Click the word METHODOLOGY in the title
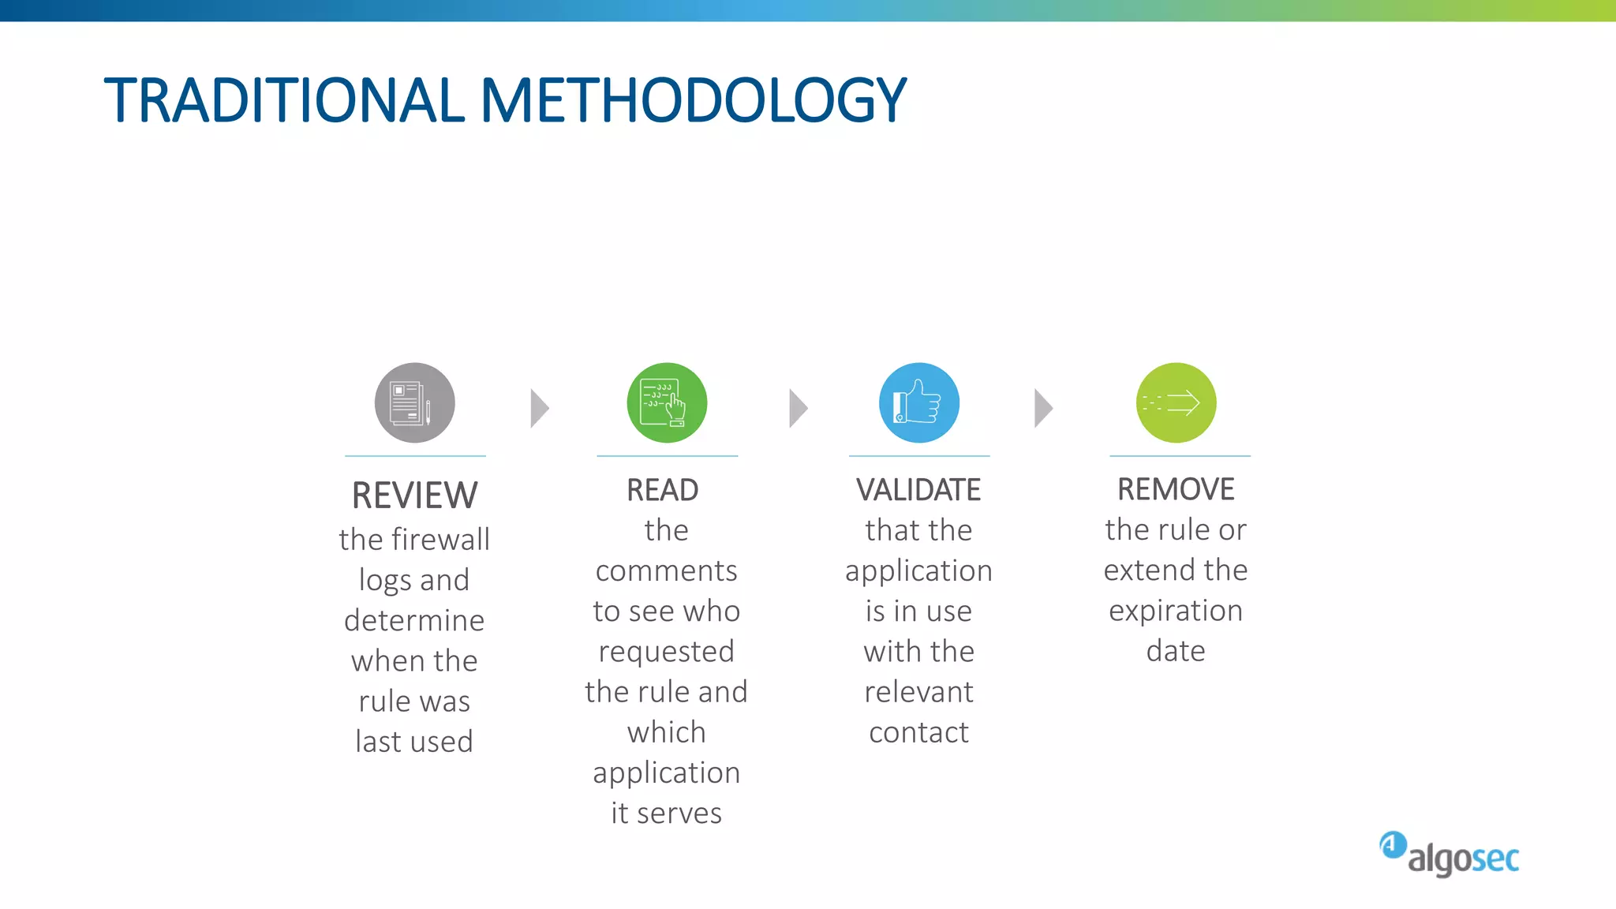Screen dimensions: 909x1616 tap(694, 101)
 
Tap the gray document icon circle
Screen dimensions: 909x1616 tap(415, 403)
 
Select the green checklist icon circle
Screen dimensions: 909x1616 tap(667, 403)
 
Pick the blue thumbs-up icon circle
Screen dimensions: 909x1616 tap(919, 403)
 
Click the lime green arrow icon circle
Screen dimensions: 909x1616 tap(1176, 403)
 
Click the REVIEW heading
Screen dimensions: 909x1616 tap(414, 496)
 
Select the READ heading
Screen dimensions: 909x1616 tap(663, 490)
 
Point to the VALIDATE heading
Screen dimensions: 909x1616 tap(918, 490)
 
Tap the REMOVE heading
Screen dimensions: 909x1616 tap(1176, 489)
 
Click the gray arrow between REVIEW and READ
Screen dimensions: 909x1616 tap(540, 409)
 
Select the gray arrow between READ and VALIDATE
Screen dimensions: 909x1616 tap(799, 409)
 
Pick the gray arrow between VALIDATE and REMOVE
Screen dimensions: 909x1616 tap(1043, 409)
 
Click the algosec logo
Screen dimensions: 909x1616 tap(1450, 855)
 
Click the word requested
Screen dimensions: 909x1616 tap(667, 652)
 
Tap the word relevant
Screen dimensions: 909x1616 tap(918, 692)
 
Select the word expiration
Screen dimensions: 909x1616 tap(1176, 612)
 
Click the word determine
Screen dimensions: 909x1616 tap(414, 620)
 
